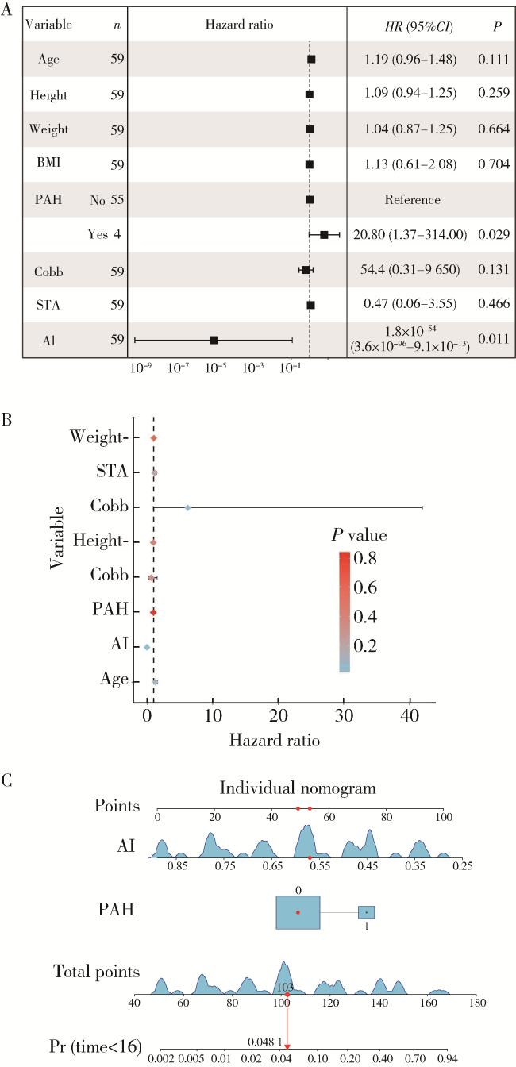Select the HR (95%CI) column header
coord(418,25)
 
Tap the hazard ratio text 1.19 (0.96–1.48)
coord(418,59)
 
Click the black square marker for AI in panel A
coord(214,340)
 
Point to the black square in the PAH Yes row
coord(324,235)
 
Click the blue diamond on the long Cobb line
coord(187,507)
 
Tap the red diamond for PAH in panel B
coord(154,612)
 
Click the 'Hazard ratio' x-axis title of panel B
coord(275,741)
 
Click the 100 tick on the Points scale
coord(443,817)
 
